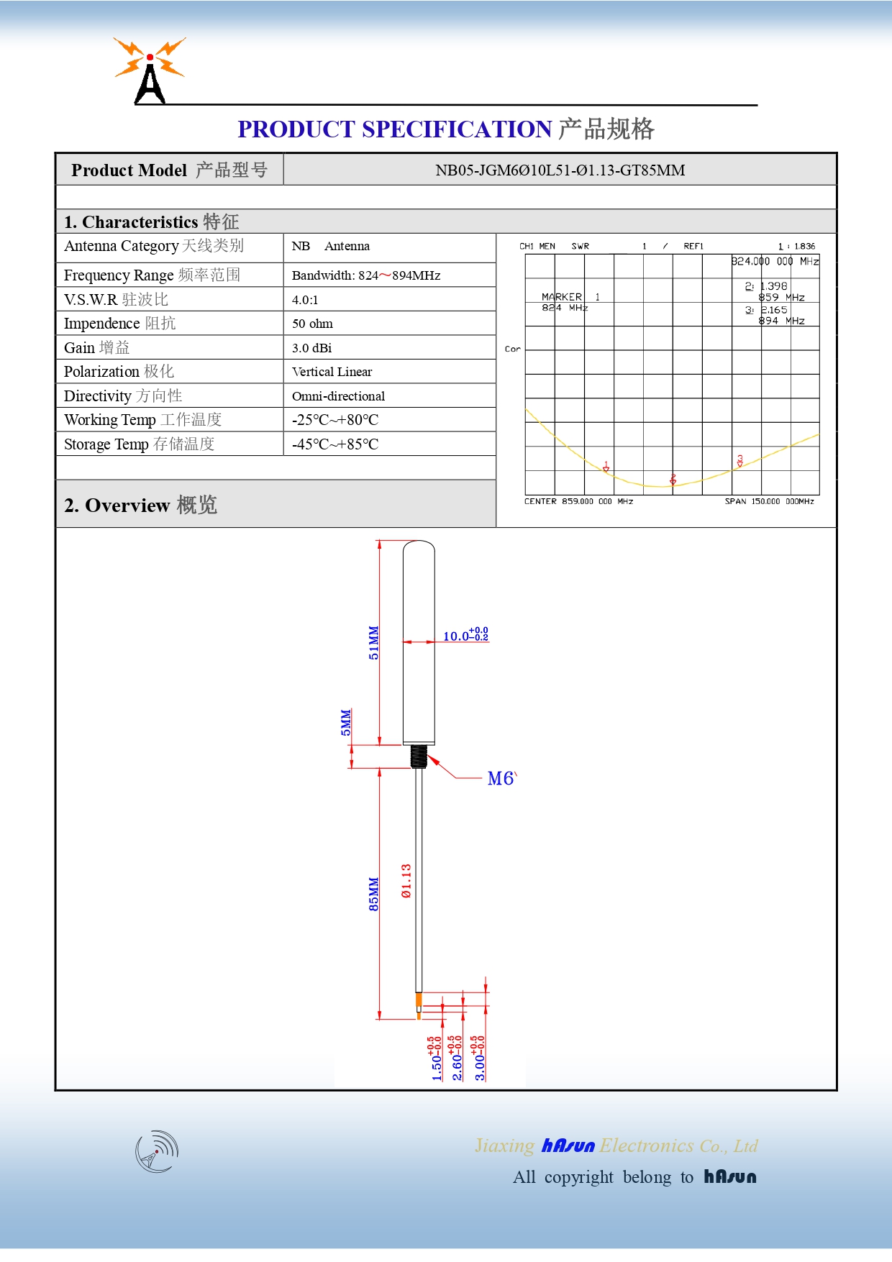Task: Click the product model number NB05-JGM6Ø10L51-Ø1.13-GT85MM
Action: coord(560,170)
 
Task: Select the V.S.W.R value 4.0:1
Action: coord(305,300)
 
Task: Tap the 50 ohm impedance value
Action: coord(312,324)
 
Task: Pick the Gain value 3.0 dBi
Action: coord(311,348)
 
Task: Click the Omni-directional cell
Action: coord(338,396)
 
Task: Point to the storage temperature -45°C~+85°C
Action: coord(334,444)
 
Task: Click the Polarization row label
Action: coord(119,372)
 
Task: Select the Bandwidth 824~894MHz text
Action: coord(365,275)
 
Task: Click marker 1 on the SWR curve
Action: coord(606,467)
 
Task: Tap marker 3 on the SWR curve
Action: coord(739,461)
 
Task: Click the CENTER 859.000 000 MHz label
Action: coord(578,501)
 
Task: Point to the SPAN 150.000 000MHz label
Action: coord(769,501)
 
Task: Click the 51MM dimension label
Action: coord(373,642)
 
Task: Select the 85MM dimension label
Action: coord(373,894)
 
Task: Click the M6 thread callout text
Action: coord(501,779)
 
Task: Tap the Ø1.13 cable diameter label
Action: coord(406,881)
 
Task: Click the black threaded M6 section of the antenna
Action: coord(419,756)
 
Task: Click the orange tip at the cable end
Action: coord(419,1002)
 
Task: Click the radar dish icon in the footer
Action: coord(157,1151)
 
